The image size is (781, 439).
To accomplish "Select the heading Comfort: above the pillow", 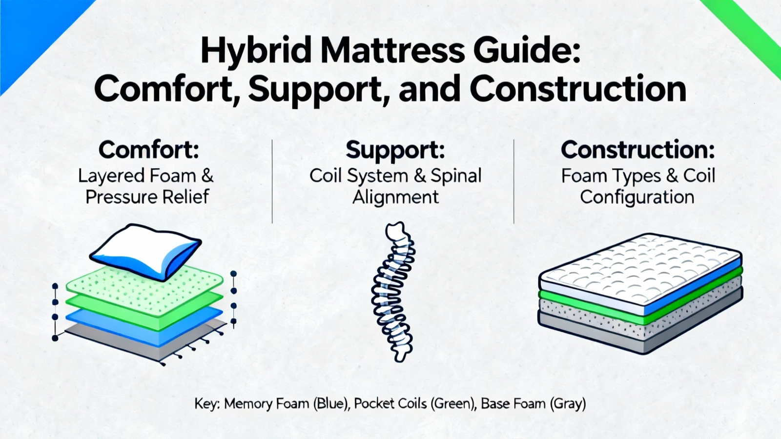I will tap(149, 149).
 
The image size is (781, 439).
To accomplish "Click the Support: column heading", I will tap(395, 149).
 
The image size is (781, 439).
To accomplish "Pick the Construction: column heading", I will tap(637, 149).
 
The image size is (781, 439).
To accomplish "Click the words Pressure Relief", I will tap(147, 197).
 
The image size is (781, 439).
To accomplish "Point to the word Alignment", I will tap(395, 197).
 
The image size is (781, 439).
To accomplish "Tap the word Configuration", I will tap(637, 197).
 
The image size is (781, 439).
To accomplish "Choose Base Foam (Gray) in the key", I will tap(533, 404).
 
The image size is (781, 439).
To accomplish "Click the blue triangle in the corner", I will tap(29, 29).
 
